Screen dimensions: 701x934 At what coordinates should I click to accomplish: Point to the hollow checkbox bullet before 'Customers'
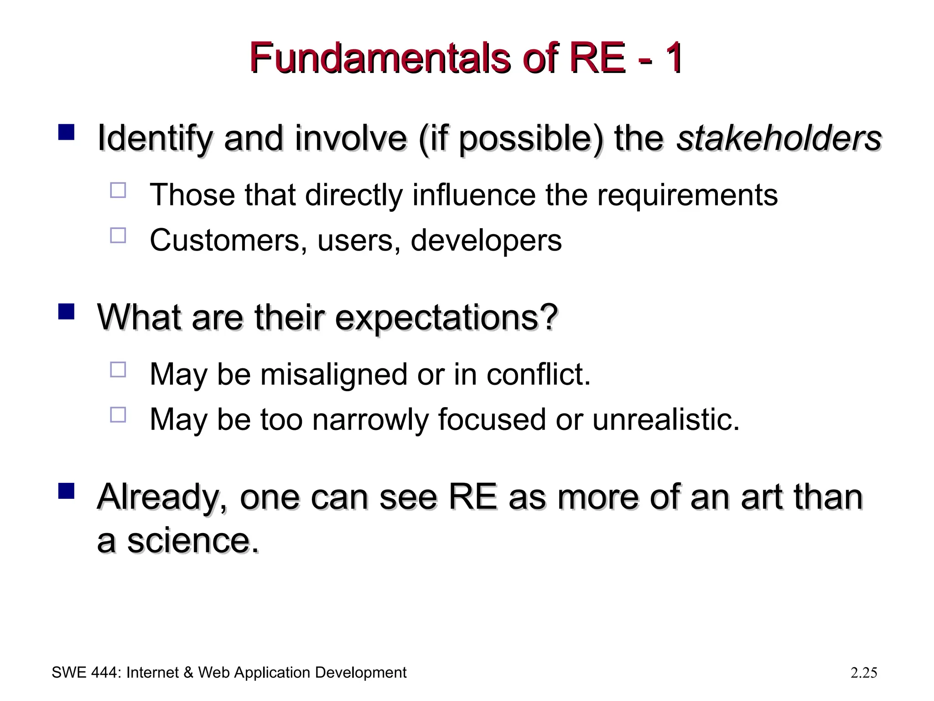[118, 235]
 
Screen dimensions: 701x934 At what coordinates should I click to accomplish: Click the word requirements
[687, 195]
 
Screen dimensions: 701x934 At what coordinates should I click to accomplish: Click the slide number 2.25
[864, 673]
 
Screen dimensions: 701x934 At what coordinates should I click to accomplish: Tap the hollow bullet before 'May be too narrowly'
[118, 414]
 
